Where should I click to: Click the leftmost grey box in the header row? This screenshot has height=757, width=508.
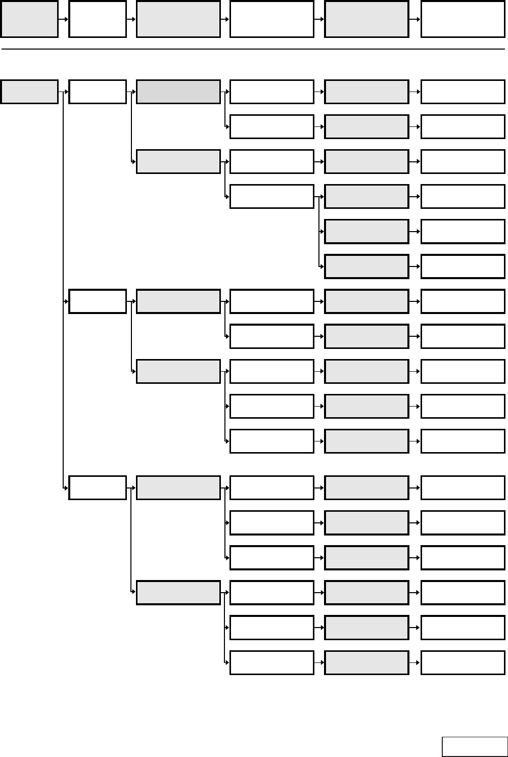tap(29, 19)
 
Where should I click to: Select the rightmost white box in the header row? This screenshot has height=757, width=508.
tap(463, 19)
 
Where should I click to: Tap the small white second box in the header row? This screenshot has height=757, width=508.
tap(98, 19)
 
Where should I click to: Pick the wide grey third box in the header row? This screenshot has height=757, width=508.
tap(178, 19)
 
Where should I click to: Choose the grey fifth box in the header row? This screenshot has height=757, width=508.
tap(366, 19)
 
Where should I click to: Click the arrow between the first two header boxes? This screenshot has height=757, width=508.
tap(63, 19)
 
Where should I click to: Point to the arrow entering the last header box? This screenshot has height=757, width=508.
tap(414, 19)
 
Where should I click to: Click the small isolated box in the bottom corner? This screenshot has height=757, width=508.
tap(474, 747)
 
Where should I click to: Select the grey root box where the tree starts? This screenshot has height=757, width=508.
tap(29, 92)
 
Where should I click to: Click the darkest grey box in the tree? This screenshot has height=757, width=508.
tap(178, 92)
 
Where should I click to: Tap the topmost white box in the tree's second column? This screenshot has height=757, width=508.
tap(98, 92)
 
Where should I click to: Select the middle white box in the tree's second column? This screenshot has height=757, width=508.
tap(98, 301)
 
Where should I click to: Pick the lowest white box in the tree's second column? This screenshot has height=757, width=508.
tap(98, 487)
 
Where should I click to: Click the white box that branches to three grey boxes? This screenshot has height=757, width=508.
tap(272, 196)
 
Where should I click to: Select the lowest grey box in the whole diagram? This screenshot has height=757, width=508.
tap(366, 662)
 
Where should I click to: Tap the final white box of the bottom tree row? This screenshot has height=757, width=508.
tap(463, 662)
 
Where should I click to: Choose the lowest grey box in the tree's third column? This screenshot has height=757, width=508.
tap(178, 593)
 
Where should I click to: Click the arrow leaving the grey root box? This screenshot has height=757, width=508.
tap(63, 92)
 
